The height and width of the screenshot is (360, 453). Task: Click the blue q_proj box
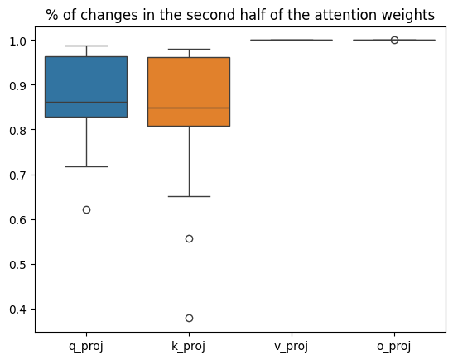click(86, 86)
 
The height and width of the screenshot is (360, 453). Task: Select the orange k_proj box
click(189, 91)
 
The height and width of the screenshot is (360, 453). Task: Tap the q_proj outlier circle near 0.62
click(86, 209)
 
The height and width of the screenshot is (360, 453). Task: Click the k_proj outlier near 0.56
click(189, 238)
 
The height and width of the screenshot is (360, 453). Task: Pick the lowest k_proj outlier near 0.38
click(189, 318)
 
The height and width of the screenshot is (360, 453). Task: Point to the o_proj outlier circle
click(394, 40)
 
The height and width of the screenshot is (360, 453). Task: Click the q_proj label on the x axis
click(86, 346)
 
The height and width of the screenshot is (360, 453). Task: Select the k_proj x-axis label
click(189, 346)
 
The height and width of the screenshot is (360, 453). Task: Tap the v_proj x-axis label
click(292, 346)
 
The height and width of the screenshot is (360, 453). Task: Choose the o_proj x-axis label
click(394, 346)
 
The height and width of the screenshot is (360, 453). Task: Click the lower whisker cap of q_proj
click(86, 166)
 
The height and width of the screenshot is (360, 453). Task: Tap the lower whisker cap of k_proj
click(189, 196)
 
